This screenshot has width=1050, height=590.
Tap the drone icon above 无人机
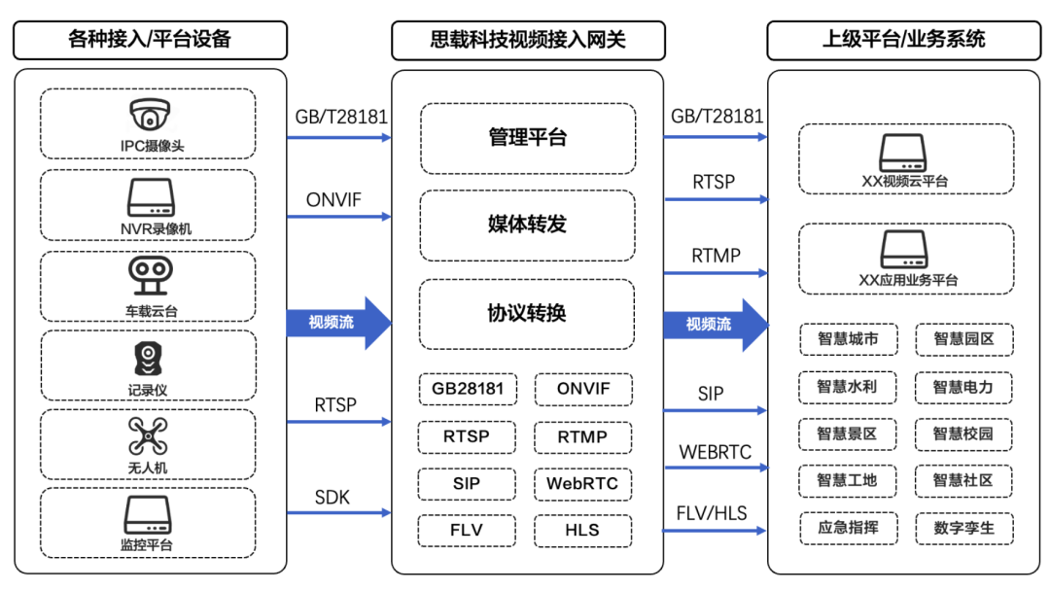pos(150,435)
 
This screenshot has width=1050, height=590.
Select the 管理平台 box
pos(527,138)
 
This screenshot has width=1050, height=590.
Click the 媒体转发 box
pos(527,225)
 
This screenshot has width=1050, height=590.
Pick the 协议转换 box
pos(527,313)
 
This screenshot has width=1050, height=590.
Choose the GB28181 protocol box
pos(468,389)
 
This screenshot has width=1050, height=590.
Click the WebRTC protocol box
pos(582,483)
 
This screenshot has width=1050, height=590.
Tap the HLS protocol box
pos(582,531)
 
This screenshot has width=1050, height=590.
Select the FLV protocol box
pos(468,531)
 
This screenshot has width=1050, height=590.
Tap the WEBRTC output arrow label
pos(715,452)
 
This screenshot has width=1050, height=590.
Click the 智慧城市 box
pos(847,339)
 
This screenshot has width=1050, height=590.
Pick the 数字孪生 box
pos(963,529)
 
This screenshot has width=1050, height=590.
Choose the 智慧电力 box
pos(963,387)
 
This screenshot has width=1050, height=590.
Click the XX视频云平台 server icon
pos(905,153)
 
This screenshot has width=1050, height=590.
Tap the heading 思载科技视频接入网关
pos(528,40)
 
